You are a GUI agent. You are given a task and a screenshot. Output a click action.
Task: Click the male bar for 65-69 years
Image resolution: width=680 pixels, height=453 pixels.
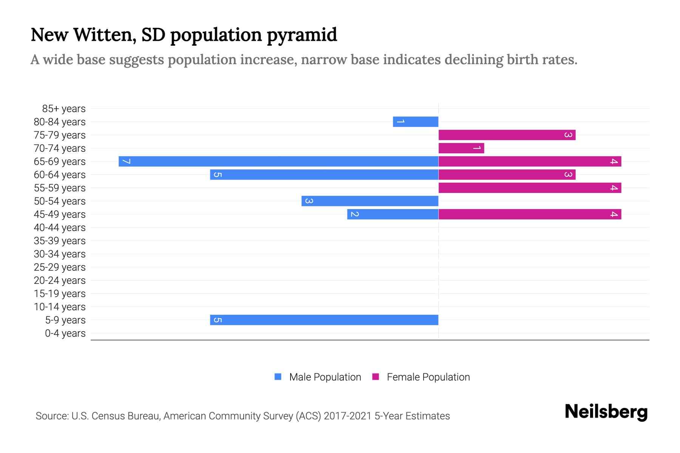[278, 162]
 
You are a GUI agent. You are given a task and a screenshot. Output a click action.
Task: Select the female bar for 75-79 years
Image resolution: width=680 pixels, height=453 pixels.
[507, 135]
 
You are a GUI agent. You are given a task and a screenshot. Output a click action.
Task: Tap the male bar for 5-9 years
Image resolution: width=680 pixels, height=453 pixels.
[324, 320]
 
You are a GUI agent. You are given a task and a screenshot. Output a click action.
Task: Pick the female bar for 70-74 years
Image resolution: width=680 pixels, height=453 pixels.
[461, 148]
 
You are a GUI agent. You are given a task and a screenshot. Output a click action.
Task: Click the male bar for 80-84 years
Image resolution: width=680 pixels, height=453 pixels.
[416, 122]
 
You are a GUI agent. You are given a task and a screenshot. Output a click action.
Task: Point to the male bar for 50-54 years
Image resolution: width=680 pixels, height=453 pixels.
[370, 201]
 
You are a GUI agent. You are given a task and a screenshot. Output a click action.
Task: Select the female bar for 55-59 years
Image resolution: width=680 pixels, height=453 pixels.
[530, 188]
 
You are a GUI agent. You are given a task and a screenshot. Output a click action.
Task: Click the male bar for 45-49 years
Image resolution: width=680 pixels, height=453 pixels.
[393, 214]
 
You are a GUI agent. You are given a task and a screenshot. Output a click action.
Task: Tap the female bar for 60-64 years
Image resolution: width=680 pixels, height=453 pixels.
[507, 175]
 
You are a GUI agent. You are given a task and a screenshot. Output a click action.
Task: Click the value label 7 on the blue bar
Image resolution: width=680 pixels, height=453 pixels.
[127, 162]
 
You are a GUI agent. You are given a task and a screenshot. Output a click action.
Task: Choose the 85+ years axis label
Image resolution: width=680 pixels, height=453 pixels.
[64, 109]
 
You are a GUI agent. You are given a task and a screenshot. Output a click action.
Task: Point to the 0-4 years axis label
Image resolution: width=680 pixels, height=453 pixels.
[65, 333]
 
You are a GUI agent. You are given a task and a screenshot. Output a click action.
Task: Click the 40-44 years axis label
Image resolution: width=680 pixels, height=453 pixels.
[60, 228]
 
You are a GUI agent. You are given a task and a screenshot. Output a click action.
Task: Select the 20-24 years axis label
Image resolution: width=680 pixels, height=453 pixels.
[60, 280]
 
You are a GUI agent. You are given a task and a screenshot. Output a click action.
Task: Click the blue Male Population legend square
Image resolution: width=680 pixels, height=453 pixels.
[278, 377]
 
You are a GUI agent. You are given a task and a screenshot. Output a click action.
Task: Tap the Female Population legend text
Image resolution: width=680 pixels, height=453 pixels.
[428, 377]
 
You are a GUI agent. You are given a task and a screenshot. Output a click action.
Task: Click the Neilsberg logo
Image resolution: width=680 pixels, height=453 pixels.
[606, 412]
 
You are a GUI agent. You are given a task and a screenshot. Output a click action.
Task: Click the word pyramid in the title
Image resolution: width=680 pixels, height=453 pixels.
[302, 35]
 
